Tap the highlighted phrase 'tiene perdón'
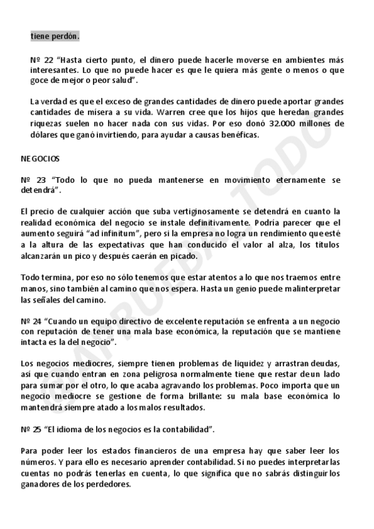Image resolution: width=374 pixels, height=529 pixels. click(54, 37)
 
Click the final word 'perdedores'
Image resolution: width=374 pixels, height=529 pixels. click(109, 484)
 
